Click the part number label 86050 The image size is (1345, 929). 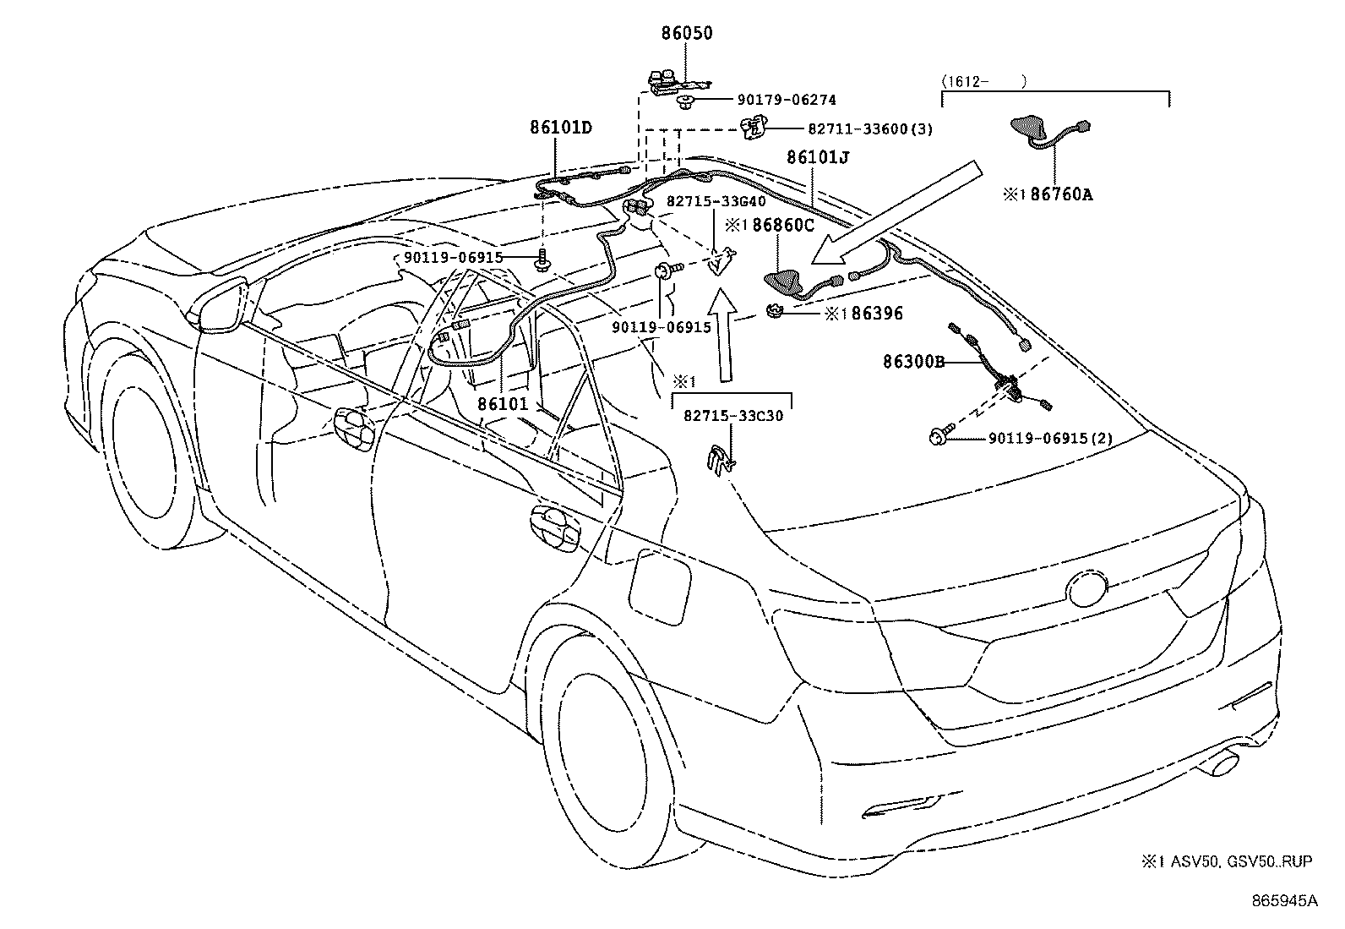[x=686, y=35]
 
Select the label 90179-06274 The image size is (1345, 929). [x=769, y=101]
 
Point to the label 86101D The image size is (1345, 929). [x=561, y=128]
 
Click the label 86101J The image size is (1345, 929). [x=817, y=158]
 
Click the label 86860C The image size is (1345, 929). [x=782, y=226]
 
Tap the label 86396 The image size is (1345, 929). [x=877, y=314]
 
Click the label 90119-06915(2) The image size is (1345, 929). [x=1049, y=439]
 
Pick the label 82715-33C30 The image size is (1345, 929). [x=733, y=416]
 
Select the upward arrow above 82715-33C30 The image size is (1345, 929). [x=722, y=335]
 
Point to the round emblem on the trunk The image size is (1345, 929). [x=1090, y=588]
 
